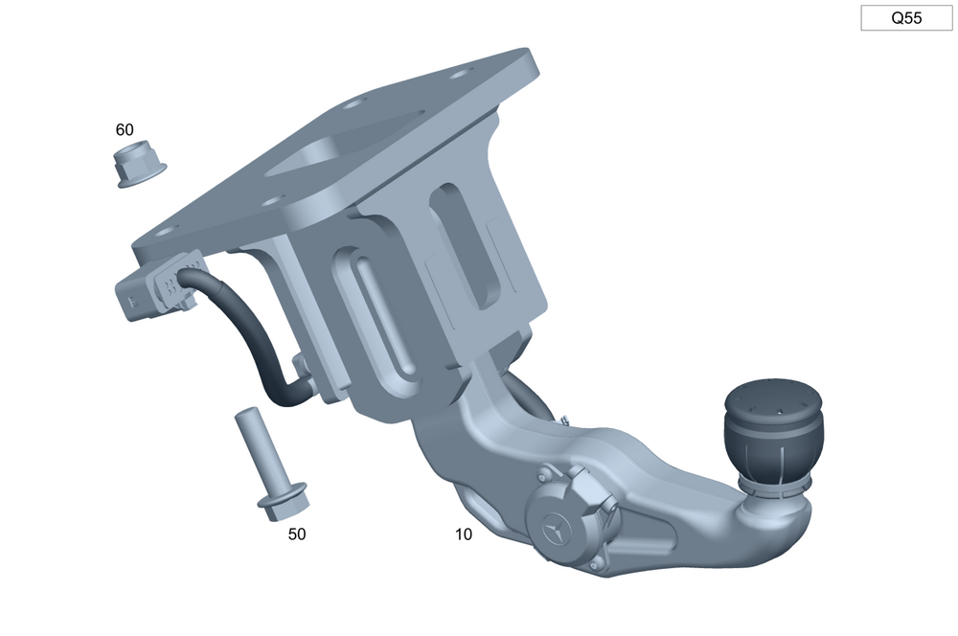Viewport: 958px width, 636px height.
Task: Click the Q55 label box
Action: [906, 17]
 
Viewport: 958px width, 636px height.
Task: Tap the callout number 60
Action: [125, 129]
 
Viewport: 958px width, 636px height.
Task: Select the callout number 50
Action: [297, 534]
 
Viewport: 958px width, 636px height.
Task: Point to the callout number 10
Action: [464, 534]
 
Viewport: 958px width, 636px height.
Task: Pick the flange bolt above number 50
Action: [271, 464]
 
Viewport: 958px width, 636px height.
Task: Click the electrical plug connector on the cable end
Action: [160, 286]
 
